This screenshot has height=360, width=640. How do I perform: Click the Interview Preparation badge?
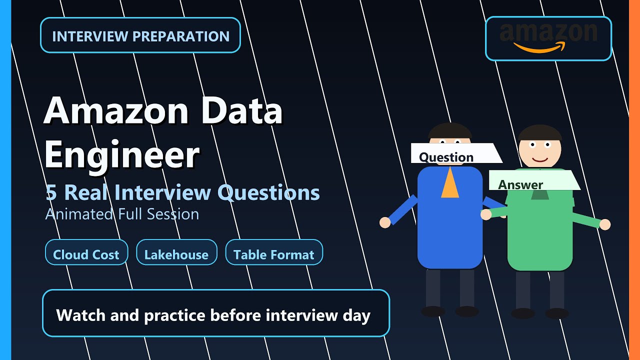(x=140, y=35)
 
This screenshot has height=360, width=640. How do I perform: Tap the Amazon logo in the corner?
(x=548, y=38)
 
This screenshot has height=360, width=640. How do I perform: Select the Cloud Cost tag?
(x=86, y=254)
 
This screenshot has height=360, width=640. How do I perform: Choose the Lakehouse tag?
(x=176, y=254)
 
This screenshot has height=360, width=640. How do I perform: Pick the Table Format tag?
(x=274, y=254)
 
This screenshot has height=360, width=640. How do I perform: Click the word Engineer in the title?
(x=122, y=155)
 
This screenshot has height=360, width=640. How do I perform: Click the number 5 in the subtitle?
(x=51, y=192)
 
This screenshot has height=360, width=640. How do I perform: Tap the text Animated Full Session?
(x=122, y=214)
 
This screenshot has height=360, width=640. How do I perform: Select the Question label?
(x=446, y=157)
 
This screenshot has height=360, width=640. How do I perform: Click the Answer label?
(x=520, y=184)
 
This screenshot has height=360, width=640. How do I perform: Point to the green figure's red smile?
(x=539, y=159)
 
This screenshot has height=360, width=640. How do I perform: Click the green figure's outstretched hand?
(x=605, y=224)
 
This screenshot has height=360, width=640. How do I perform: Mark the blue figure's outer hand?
(x=385, y=222)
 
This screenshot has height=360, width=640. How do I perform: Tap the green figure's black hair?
(x=539, y=132)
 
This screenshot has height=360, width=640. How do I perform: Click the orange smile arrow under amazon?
(x=539, y=47)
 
